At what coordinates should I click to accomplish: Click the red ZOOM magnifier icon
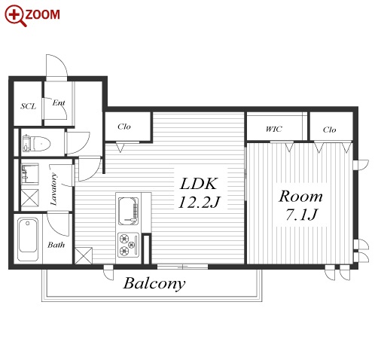[x=15, y=16]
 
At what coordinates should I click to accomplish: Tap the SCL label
[x=28, y=106]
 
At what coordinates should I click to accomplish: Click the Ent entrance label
[x=59, y=102]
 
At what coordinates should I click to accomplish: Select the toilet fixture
[x=36, y=144]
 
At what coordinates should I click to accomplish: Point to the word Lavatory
[x=53, y=189]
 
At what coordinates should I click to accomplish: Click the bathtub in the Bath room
[x=28, y=239]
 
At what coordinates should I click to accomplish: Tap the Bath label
[x=56, y=245]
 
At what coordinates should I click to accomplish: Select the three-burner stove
[x=128, y=245]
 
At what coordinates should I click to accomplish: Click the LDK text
[x=198, y=184]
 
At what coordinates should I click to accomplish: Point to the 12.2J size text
[x=199, y=202]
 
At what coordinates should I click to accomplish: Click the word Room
[x=300, y=196]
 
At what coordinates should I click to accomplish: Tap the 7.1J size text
[x=301, y=215]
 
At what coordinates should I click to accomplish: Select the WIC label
[x=274, y=130]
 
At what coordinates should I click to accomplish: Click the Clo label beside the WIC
[x=329, y=130]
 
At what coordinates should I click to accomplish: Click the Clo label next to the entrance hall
[x=124, y=127]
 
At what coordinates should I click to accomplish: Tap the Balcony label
[x=154, y=284]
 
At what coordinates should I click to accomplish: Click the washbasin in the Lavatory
[x=30, y=174]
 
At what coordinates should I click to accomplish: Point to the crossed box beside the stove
[x=84, y=255]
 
